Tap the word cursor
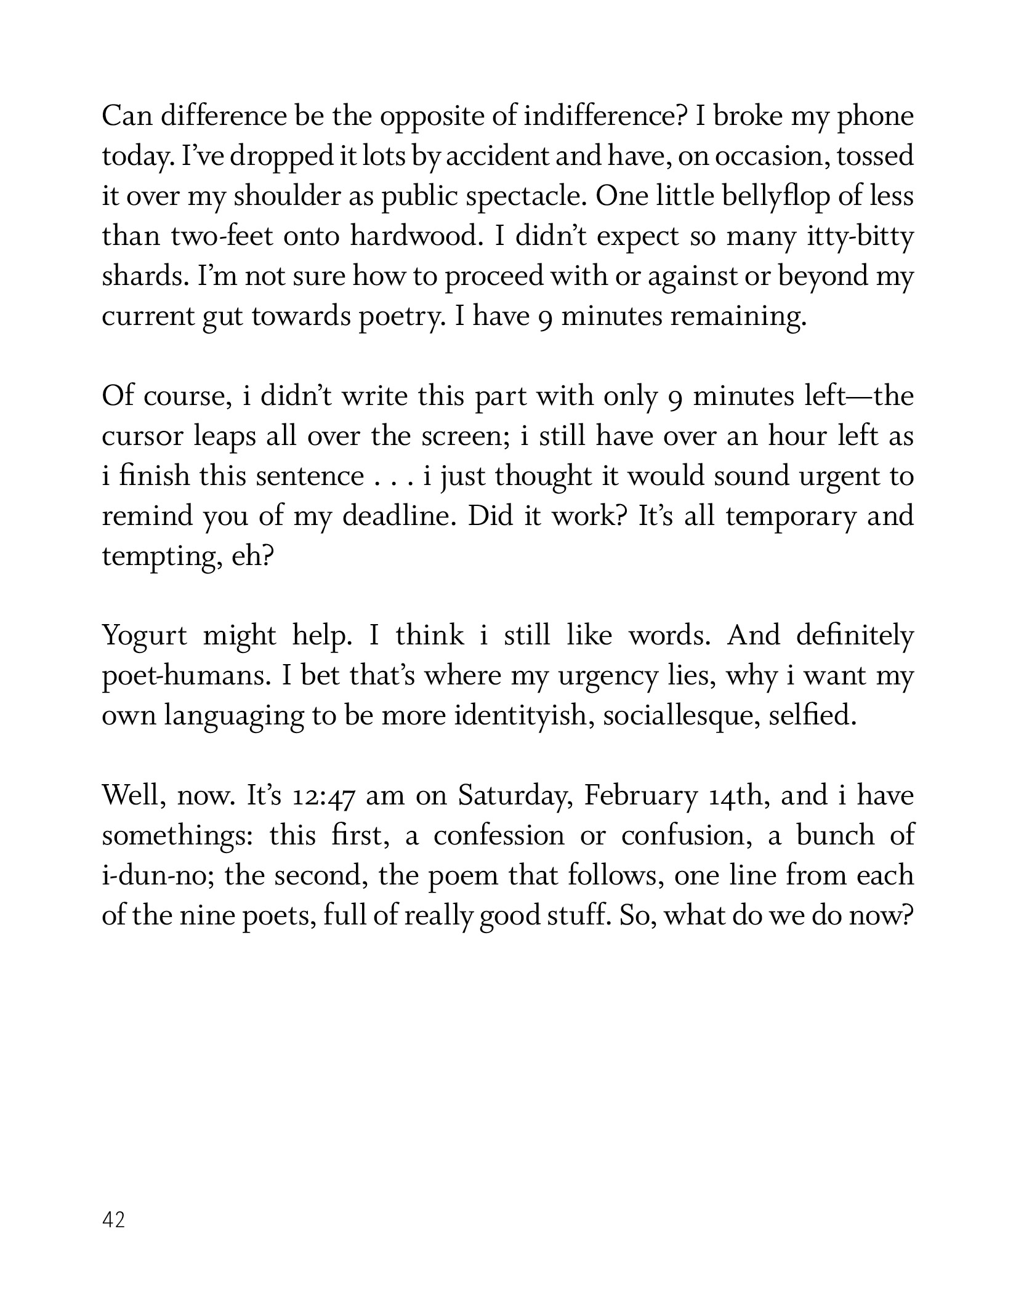pyautogui.click(x=143, y=436)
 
